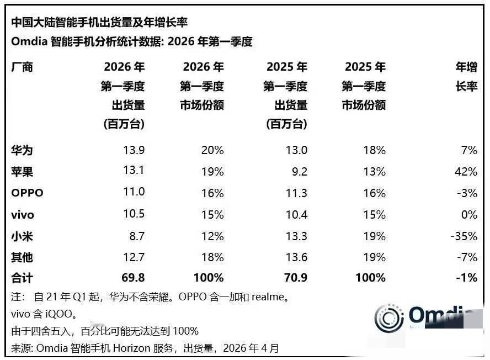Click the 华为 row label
[x=22, y=150]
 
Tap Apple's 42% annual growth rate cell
[x=466, y=172]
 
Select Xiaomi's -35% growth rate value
[x=464, y=236]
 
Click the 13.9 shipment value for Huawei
[x=134, y=150]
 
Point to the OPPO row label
[x=27, y=193]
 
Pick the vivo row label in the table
[x=23, y=214]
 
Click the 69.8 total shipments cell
[x=132, y=278]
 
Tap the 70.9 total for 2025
[x=295, y=278]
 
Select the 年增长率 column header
[x=466, y=77]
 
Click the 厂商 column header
[x=22, y=67]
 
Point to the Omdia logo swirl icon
[x=389, y=317]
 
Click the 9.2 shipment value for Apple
[x=300, y=172]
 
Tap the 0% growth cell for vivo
[x=469, y=214]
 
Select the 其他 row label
[x=22, y=257]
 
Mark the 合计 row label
[x=22, y=278]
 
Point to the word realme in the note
[x=269, y=297]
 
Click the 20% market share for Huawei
[x=213, y=150]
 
